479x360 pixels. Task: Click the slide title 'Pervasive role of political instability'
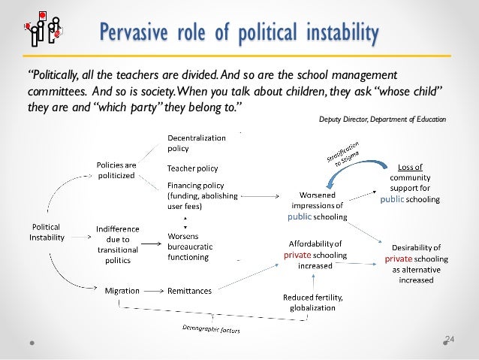click(239, 33)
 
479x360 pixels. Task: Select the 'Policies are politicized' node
click(117, 169)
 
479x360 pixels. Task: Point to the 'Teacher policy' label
click(192, 168)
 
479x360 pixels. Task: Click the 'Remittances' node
click(189, 289)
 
